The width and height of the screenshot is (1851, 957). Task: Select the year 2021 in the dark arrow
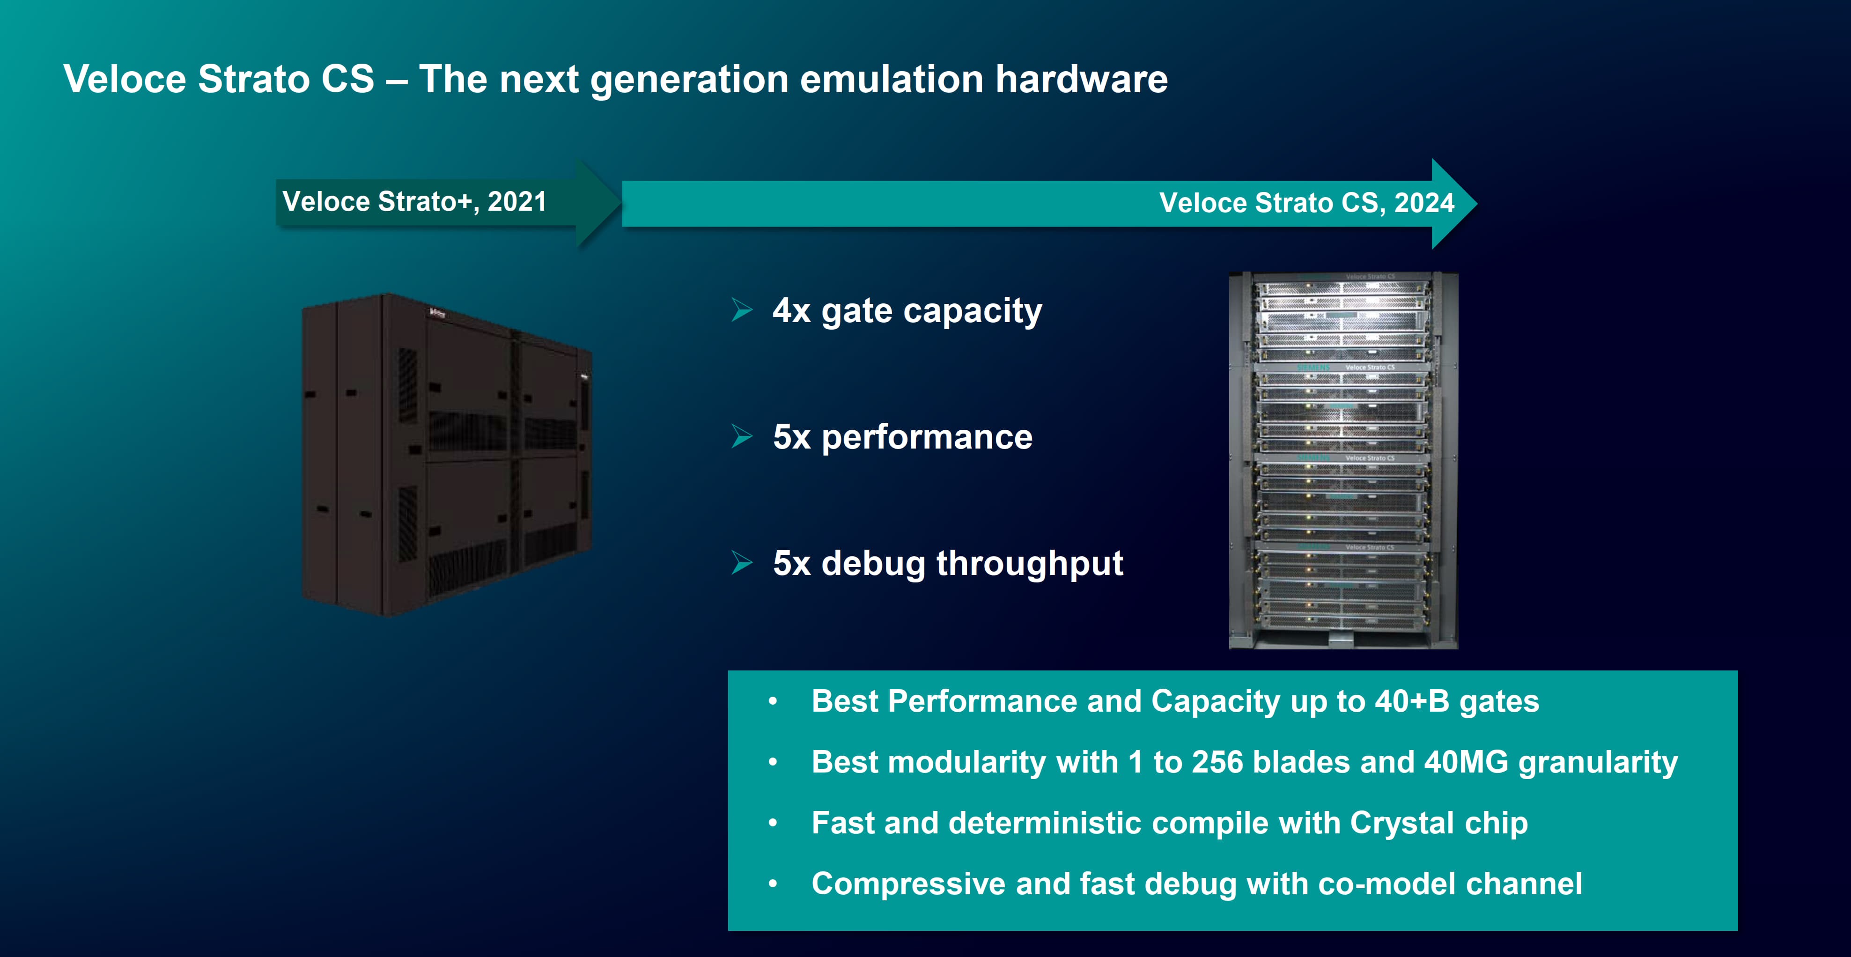[x=516, y=201]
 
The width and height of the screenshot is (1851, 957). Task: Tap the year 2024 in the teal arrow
[x=1424, y=203]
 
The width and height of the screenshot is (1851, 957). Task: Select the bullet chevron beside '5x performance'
[x=742, y=436]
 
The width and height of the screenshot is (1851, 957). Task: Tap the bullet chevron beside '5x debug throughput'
[x=742, y=563]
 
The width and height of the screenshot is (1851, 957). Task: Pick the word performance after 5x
[x=927, y=437]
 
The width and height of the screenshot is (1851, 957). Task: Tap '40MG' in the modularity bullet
[x=1466, y=762]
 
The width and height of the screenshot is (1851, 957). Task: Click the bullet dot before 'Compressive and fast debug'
[x=773, y=883]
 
